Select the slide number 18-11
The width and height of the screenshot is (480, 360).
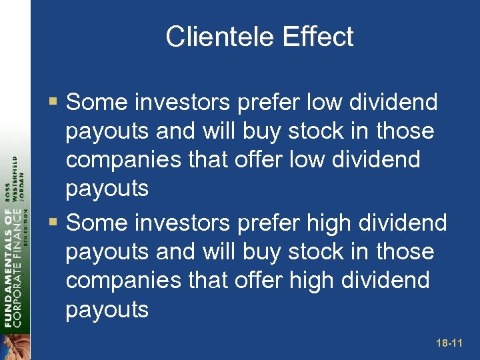click(449, 343)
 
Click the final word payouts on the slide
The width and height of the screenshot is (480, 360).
click(107, 309)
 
